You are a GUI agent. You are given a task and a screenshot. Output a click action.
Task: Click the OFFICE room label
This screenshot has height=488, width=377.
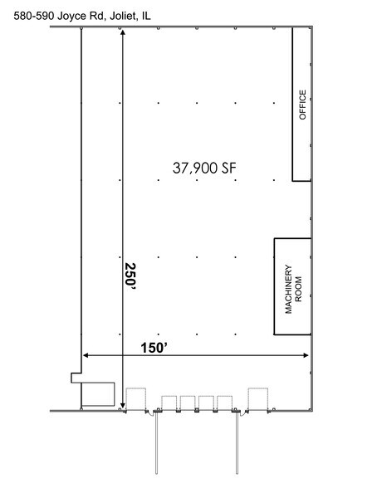point(302,105)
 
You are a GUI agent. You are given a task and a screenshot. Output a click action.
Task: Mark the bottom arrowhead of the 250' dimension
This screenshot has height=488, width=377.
point(123,404)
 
